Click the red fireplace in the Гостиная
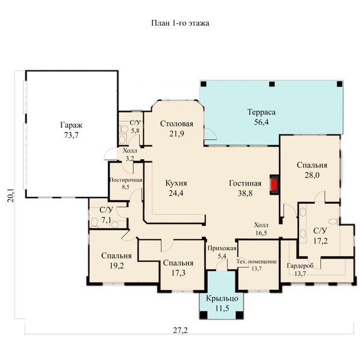[x=274, y=185]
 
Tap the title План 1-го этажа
[x=180, y=23]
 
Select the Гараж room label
[x=71, y=125]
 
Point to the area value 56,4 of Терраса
[x=261, y=122]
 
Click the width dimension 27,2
[x=180, y=331]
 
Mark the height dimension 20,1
[x=11, y=196]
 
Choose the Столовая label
[x=176, y=124]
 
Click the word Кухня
[x=176, y=183]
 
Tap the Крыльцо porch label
[x=222, y=298]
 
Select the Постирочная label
[x=126, y=180]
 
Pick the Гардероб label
[x=300, y=266]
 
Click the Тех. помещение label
[x=256, y=262]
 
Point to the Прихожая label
[x=222, y=248]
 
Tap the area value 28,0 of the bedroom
[x=312, y=175]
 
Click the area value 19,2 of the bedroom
[x=116, y=266]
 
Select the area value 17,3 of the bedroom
[x=178, y=273]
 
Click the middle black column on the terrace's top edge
[x=272, y=84]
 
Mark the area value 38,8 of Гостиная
[x=245, y=193]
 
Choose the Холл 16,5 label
[x=261, y=229]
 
